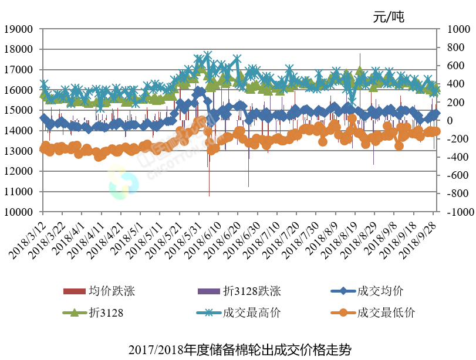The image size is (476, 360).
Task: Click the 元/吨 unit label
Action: pos(389,17)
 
